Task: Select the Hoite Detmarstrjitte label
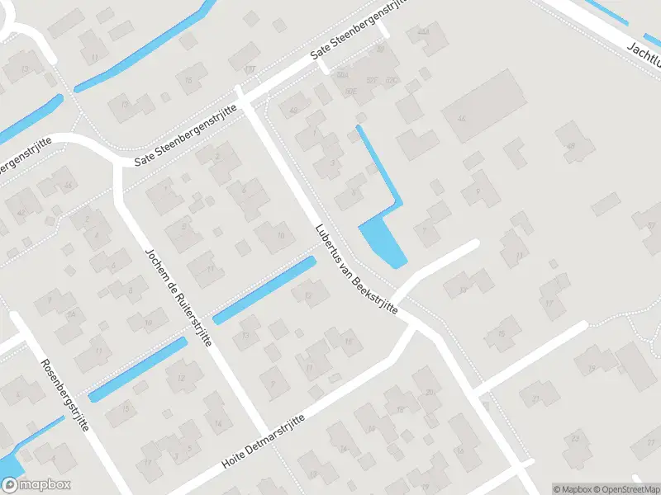263,443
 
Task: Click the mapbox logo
36,485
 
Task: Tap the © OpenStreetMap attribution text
625,488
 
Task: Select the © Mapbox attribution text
572,488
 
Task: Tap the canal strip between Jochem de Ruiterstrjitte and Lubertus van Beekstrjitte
264,290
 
